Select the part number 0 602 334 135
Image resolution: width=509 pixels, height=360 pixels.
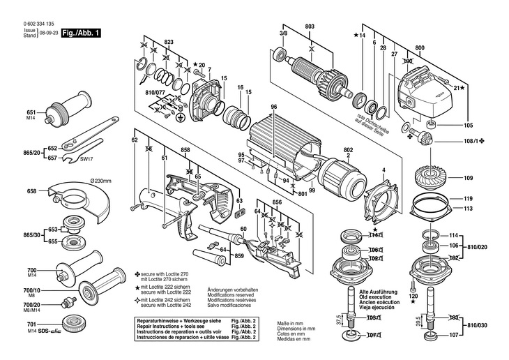[x=31, y=24]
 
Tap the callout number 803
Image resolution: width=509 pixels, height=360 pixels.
[x=310, y=27]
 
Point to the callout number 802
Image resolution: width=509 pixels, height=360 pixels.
[x=347, y=148]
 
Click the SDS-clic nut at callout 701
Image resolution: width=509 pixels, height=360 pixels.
[x=74, y=342]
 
